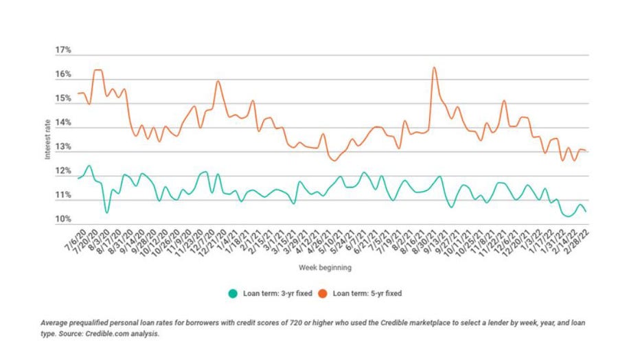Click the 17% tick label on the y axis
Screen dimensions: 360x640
click(62, 51)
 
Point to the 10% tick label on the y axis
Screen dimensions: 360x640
click(62, 220)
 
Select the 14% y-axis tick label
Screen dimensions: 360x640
click(62, 123)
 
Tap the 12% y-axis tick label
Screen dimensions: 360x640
click(62, 172)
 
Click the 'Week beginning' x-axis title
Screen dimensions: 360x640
click(326, 266)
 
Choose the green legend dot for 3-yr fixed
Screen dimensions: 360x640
click(233, 293)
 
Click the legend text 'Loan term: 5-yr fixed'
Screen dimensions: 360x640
click(367, 293)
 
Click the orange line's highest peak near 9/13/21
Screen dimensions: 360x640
click(434, 67)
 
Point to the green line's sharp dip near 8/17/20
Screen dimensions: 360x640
click(106, 212)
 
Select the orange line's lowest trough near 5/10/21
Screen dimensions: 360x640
click(334, 161)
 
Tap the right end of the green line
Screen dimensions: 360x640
click(586, 212)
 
